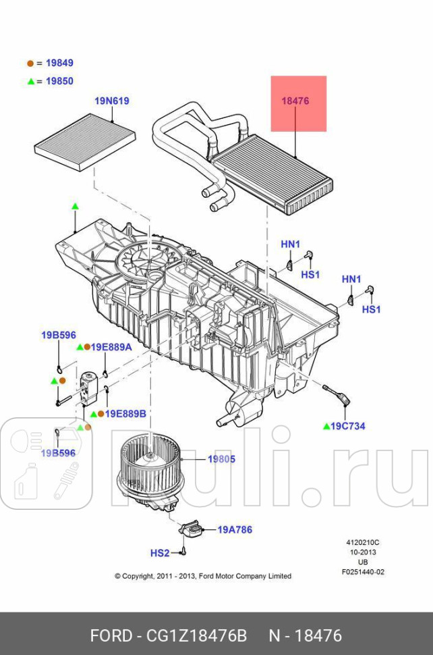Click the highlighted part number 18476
pyautogui.click(x=295, y=101)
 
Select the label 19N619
pyautogui.click(x=111, y=101)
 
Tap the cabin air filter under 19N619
pyautogui.click(x=84, y=142)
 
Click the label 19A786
pyautogui.click(x=235, y=530)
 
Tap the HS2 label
pyautogui.click(x=159, y=553)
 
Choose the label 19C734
pyautogui.click(x=348, y=426)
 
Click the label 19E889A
pyautogui.click(x=112, y=346)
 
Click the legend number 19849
pyautogui.click(x=59, y=63)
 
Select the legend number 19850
pyautogui.click(x=59, y=81)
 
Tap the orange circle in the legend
pyautogui.click(x=30, y=63)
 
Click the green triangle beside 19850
pyautogui.click(x=30, y=81)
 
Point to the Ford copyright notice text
pyautogui.click(x=203, y=576)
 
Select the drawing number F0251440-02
pyautogui.click(x=363, y=572)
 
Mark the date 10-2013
pyautogui.click(x=363, y=552)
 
